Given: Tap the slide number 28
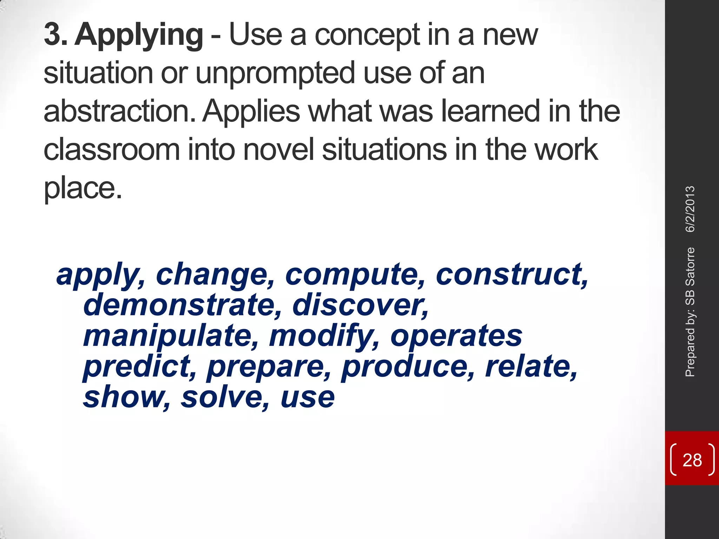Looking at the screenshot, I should (692, 460).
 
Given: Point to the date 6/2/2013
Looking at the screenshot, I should (690, 209).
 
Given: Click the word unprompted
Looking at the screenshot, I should (275, 74).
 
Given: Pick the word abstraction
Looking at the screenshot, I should (119, 111).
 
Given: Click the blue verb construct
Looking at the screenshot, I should (511, 275).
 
